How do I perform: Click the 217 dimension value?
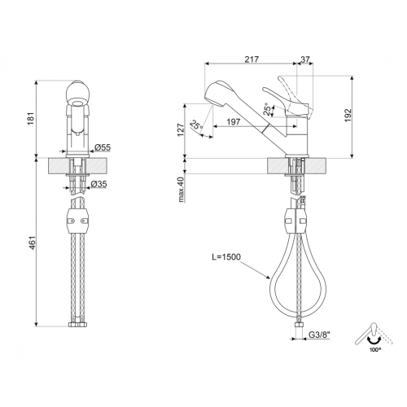[252, 59]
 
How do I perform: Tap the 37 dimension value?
[305, 59]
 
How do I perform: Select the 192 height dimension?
[348, 116]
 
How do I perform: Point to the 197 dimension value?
[234, 121]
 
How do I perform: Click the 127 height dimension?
[181, 130]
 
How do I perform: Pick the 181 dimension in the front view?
[32, 118]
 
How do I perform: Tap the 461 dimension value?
[32, 243]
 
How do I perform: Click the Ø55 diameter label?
[103, 147]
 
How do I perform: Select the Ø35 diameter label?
[98, 184]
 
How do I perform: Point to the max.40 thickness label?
[182, 190]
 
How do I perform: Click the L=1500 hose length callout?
[226, 256]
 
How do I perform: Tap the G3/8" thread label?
[319, 335]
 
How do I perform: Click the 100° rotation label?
[374, 350]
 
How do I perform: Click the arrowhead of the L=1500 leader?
[268, 278]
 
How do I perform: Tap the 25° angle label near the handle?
[267, 109]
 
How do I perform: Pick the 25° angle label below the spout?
[196, 125]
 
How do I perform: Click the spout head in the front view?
[77, 94]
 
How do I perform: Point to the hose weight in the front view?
[77, 220]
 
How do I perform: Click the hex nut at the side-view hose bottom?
[299, 326]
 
